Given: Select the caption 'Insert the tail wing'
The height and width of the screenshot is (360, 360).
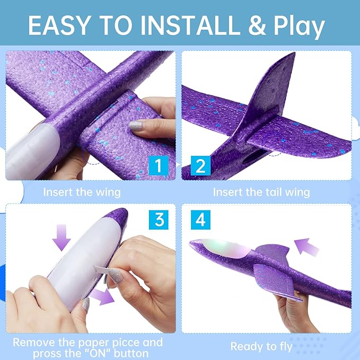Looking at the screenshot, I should click(x=261, y=192).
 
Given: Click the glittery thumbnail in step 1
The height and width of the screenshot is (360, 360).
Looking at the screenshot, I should click(x=135, y=126).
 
